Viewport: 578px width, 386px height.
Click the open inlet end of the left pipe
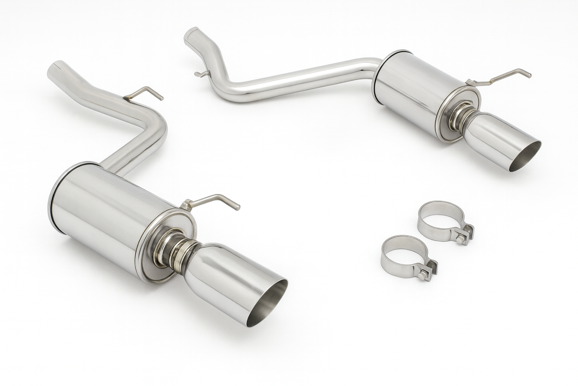pyautogui.click(x=58, y=65)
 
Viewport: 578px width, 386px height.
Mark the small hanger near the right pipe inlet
pyautogui.click(x=201, y=73)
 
